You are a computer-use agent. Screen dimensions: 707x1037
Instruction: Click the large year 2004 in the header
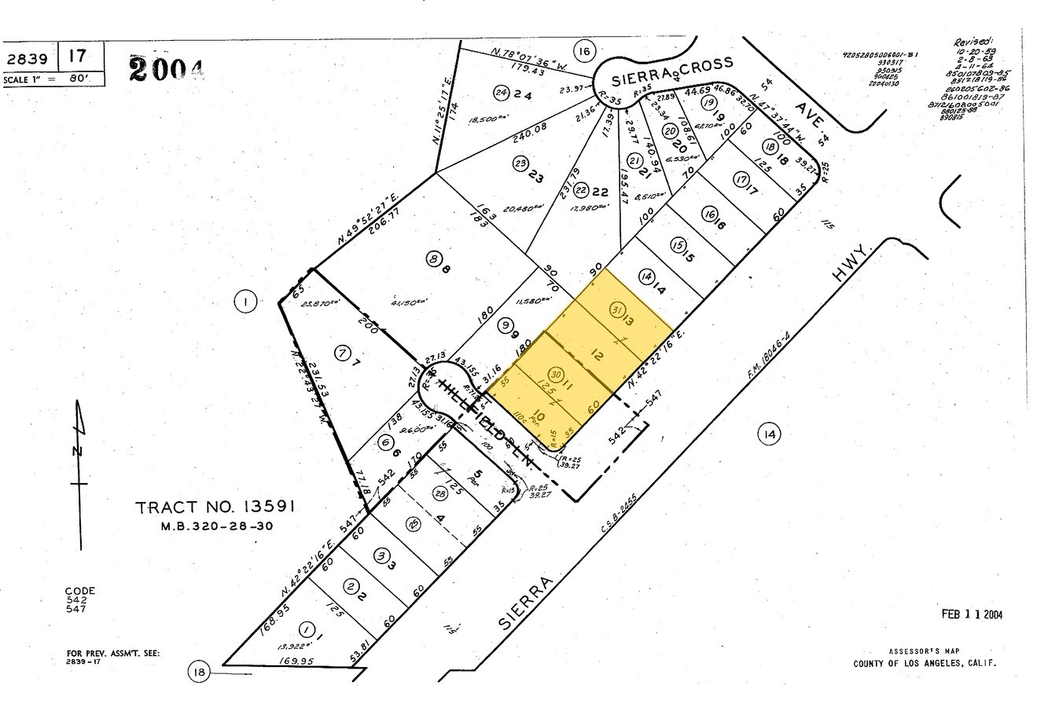point(165,68)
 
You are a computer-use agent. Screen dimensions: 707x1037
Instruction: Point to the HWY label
point(853,268)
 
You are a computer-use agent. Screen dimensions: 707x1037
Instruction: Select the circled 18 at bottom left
point(198,672)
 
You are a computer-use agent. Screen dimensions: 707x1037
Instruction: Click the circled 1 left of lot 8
point(246,301)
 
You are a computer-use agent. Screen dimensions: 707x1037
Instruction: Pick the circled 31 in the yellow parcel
point(617,310)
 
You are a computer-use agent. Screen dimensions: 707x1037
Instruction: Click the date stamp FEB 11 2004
point(972,614)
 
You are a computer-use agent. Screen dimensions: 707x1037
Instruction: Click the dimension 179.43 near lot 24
point(528,70)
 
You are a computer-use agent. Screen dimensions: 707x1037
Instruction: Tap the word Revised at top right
point(972,42)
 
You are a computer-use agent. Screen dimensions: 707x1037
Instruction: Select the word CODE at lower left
point(79,591)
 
